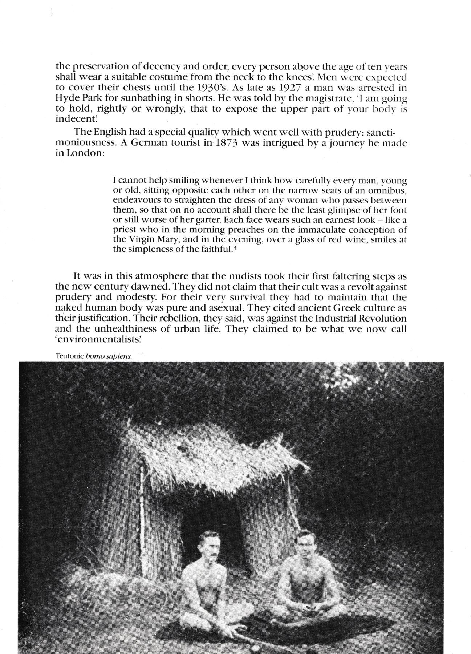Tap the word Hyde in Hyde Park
point(66,98)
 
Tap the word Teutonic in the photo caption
point(69,356)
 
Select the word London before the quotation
point(85,153)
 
